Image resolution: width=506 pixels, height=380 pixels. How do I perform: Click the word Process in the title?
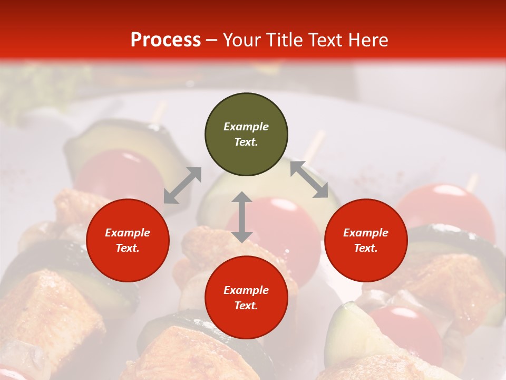[166, 40]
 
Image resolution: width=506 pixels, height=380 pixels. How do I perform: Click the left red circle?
[128, 240]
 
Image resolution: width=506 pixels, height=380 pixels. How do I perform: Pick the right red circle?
[366, 240]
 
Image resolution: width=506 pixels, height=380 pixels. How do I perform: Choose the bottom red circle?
[246, 297]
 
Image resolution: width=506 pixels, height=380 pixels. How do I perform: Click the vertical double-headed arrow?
[242, 217]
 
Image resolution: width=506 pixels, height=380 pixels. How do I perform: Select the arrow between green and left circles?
[182, 185]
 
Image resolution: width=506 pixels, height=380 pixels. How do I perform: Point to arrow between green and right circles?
[309, 179]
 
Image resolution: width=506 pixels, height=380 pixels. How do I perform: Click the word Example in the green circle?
[246, 127]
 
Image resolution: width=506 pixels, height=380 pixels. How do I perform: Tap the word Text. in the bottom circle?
[246, 306]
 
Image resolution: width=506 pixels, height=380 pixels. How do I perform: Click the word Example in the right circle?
[366, 233]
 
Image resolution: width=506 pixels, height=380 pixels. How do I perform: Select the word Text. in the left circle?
[128, 248]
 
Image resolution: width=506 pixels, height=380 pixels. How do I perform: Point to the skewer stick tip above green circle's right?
[315, 145]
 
